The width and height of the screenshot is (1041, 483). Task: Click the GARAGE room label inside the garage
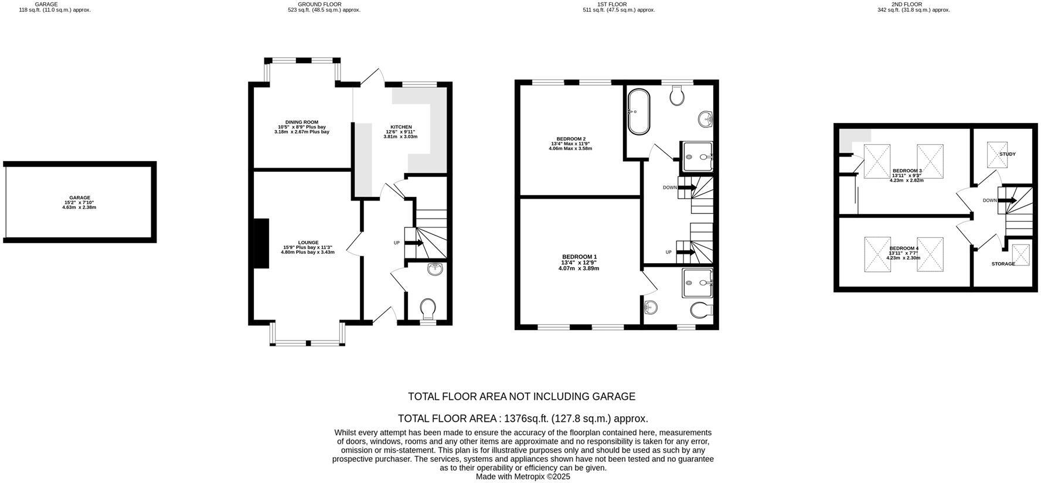pos(79,198)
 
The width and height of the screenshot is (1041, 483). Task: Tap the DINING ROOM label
pos(302,123)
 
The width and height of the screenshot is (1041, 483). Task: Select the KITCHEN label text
pos(401,127)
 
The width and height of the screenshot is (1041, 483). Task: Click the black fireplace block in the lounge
pos(260,243)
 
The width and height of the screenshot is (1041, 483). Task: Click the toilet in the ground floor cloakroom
pos(428,308)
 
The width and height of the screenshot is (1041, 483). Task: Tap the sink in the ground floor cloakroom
pos(435,269)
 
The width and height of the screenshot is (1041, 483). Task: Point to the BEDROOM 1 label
pos(579,257)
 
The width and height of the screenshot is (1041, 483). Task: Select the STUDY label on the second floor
pos(1008,154)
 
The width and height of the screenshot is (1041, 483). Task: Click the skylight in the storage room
pos(1021,255)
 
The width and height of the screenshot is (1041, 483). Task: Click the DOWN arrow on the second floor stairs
pos(1008,200)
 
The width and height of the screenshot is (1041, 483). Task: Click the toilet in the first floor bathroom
pos(677,95)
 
